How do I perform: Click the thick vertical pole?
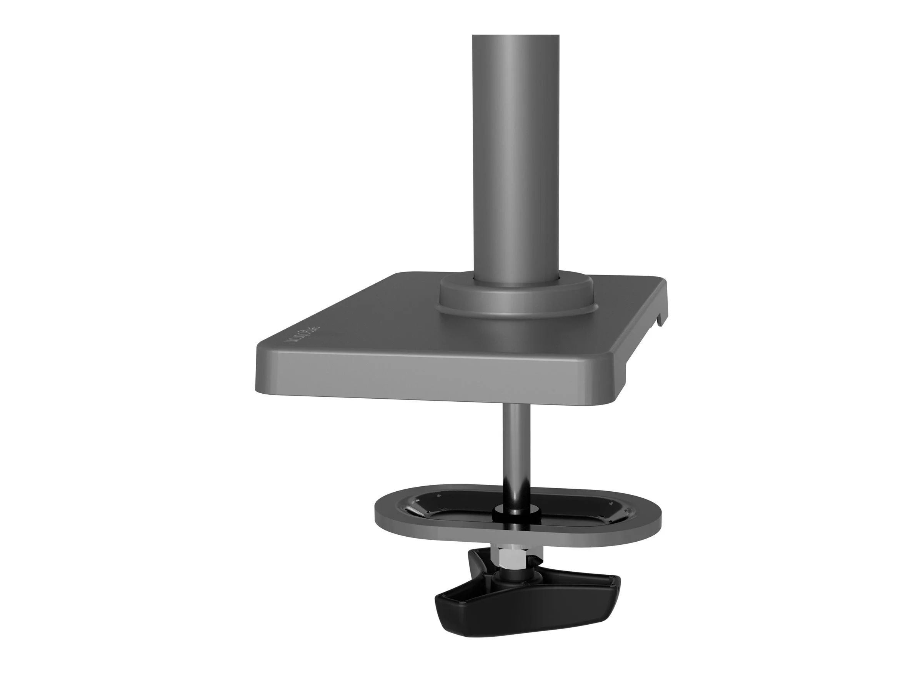coord(516,158)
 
